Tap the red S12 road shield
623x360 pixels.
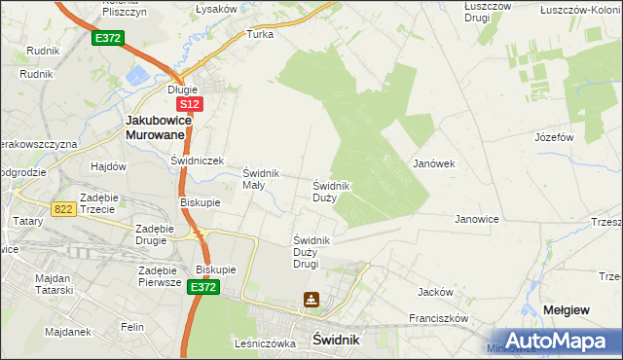click(189, 104)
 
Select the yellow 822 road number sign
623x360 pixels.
click(64, 208)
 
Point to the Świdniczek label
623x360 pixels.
click(198, 161)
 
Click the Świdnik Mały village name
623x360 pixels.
click(261, 179)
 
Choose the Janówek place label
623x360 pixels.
click(434, 163)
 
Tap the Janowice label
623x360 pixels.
click(477, 219)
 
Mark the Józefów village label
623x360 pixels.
click(553, 137)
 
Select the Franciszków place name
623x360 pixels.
click(439, 317)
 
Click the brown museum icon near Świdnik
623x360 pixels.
click(311, 301)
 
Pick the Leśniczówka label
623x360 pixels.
click(265, 343)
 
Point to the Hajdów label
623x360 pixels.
click(109, 166)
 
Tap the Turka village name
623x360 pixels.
click(260, 33)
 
